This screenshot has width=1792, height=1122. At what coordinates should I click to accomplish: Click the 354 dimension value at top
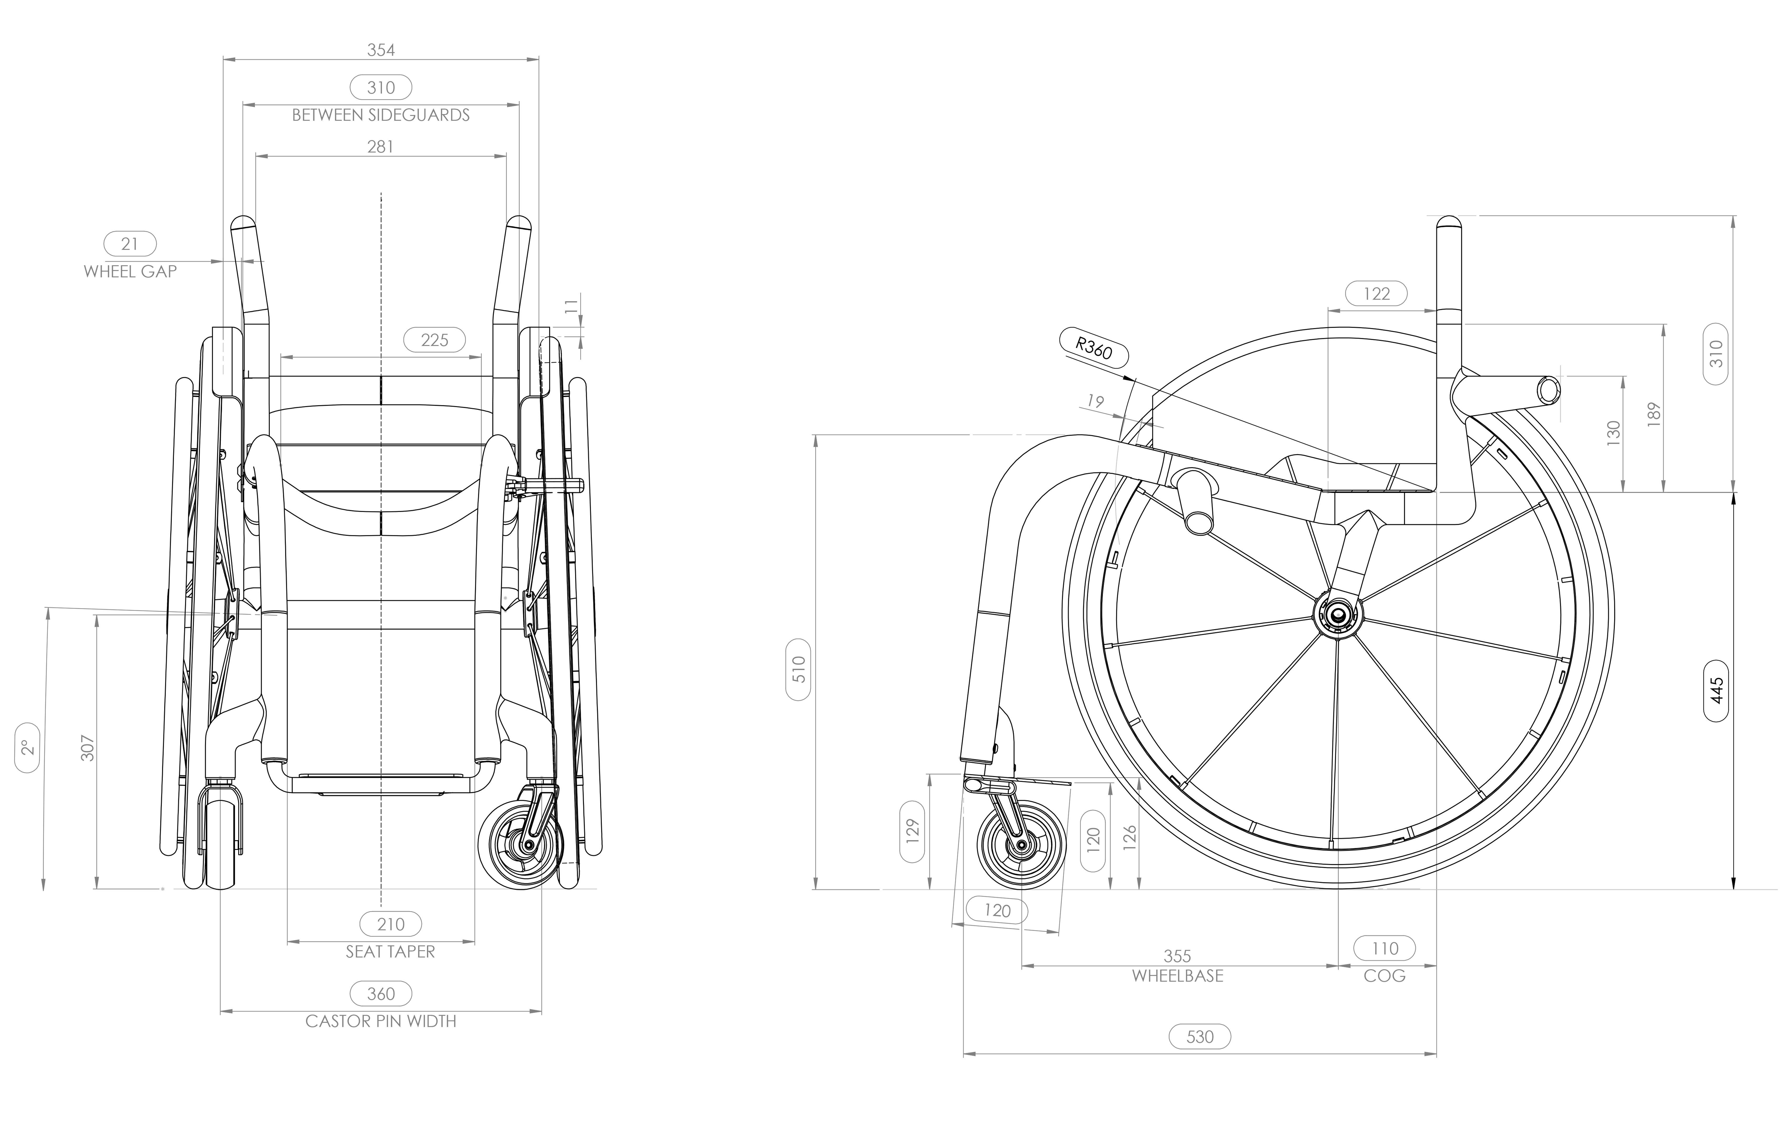[381, 50]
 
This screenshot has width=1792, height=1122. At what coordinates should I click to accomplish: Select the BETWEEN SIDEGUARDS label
[381, 115]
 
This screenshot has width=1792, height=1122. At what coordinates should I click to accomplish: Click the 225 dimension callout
[434, 340]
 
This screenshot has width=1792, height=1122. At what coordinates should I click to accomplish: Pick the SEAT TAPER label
[390, 951]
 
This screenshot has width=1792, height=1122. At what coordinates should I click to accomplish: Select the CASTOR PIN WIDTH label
[381, 1021]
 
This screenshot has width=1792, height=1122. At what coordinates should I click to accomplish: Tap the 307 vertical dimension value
[88, 748]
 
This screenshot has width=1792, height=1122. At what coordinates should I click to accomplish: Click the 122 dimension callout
[1376, 294]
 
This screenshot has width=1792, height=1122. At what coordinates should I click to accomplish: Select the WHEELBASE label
[1177, 976]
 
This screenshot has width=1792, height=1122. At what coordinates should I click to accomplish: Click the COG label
[1384, 976]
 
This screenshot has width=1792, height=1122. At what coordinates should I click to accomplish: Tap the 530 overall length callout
[1200, 1037]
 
